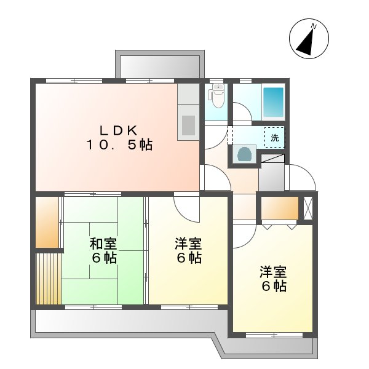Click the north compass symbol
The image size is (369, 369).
(x=307, y=39)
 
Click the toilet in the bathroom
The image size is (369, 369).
(x=216, y=96)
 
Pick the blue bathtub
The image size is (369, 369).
(x=272, y=103)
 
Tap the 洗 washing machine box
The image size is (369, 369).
(x=274, y=137)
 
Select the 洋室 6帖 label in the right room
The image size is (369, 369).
(x=272, y=279)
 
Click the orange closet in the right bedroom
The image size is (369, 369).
(x=279, y=208)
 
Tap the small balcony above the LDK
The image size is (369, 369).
(x=158, y=67)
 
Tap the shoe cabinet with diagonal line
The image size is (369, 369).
(x=273, y=158)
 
